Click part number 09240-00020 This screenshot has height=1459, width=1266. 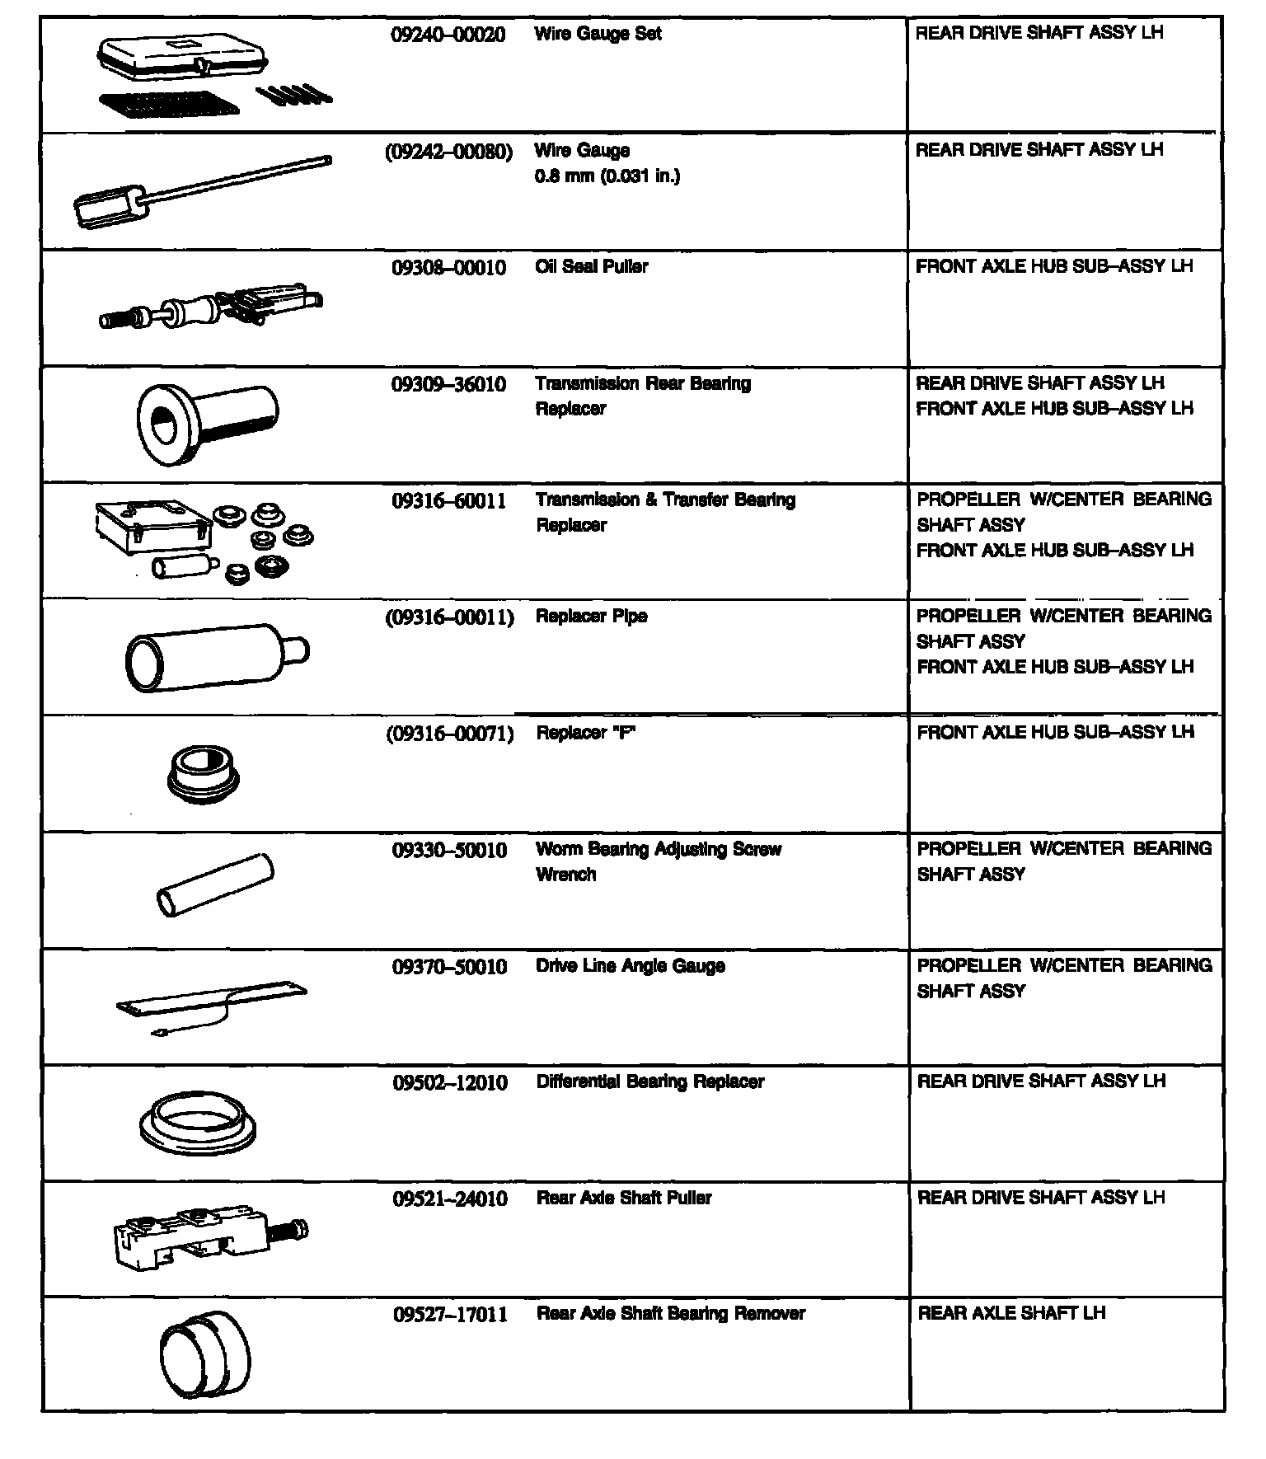coord(448,35)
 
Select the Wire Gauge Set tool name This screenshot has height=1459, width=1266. coord(598,35)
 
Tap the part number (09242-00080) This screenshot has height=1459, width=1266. coord(449,152)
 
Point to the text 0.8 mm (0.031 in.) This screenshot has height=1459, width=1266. coord(607,176)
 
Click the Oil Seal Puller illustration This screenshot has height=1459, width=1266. coord(211,307)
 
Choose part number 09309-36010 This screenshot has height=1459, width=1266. coord(449,385)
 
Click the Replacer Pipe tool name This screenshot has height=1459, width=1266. coord(591,617)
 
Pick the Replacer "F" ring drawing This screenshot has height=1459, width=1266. coord(203,775)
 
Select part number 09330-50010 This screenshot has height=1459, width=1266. coord(449,851)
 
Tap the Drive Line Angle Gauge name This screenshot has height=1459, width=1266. coord(631,966)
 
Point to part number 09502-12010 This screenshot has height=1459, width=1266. coord(450,1083)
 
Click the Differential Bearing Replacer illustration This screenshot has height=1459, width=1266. coord(198,1124)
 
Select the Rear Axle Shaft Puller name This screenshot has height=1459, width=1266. coord(624,1199)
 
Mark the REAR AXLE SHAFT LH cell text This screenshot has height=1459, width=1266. coord(1011,1314)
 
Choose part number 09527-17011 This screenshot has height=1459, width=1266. coord(450,1315)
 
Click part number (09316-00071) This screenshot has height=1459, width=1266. coord(450,734)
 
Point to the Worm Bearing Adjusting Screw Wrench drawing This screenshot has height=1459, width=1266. coord(214,885)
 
